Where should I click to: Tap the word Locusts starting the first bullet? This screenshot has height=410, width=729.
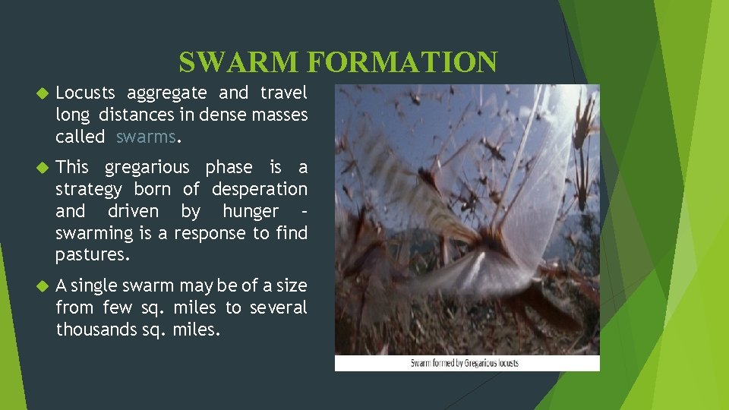click(x=85, y=93)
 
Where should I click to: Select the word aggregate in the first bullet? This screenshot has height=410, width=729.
click(x=166, y=93)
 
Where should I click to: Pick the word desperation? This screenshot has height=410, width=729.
click(x=260, y=189)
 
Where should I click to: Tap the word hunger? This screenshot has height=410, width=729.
click(x=251, y=211)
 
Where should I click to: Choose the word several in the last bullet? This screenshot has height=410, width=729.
click(x=278, y=307)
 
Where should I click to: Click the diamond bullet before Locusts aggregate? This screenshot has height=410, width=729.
click(x=42, y=93)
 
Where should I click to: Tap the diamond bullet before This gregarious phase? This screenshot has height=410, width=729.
click(x=42, y=167)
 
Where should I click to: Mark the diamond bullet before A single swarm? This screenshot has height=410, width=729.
click(x=42, y=286)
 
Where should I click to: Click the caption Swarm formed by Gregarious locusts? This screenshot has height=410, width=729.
click(x=465, y=363)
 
